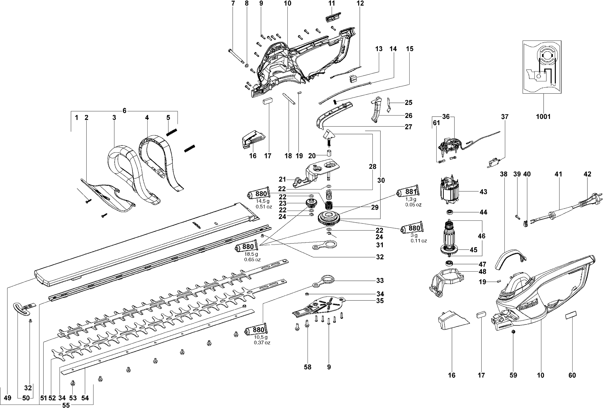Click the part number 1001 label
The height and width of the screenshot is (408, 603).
pos(543,117)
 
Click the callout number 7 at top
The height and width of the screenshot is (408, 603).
pos(233,3)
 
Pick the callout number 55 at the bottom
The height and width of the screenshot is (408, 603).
pos(66,405)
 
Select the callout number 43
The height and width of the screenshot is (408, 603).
pos(483,192)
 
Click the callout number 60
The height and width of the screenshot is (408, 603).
pos(572,375)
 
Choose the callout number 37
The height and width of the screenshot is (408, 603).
pos(505,117)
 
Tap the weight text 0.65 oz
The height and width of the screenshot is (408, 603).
pos(252,260)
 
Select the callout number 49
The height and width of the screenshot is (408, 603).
pos(8,398)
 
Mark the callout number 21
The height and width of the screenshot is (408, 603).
pos(282,179)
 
